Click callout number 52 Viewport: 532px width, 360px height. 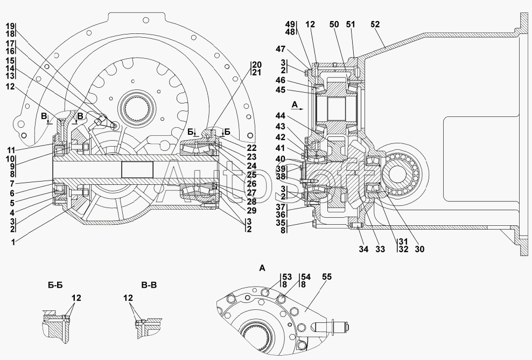(x=375, y=24)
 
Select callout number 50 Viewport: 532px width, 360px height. (x=334, y=24)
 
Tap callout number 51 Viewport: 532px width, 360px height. (x=351, y=24)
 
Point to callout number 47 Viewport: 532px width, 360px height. (x=281, y=49)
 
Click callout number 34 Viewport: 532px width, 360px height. (x=363, y=250)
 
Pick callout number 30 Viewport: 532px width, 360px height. (x=419, y=250)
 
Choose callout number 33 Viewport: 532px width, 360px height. (x=380, y=250)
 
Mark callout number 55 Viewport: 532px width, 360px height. (x=327, y=277)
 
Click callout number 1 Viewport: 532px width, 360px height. (x=13, y=243)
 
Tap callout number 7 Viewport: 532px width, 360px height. (x=12, y=184)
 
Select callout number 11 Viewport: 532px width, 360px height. (x=11, y=150)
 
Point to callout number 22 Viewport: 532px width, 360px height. (x=252, y=148)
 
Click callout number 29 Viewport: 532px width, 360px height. (x=252, y=211)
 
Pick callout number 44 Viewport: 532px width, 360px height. (x=281, y=116)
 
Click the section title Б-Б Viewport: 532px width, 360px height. (x=55, y=285)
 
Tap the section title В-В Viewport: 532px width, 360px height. (x=149, y=285)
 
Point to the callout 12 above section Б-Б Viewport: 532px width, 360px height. (x=76, y=298)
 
